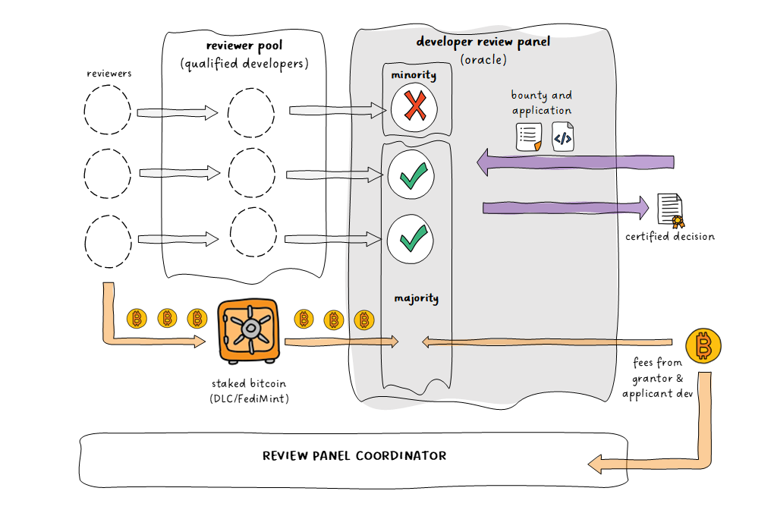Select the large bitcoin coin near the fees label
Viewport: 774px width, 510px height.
[703, 347]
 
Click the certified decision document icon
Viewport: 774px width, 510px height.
[669, 210]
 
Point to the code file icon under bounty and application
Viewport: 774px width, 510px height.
[563, 137]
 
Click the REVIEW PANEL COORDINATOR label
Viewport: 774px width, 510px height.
[354, 456]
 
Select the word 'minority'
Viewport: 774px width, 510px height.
[414, 74]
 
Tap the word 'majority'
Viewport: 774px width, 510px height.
[416, 298]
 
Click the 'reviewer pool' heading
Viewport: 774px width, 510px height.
[244, 46]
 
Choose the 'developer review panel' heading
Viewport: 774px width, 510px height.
[483, 42]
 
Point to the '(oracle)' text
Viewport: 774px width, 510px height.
[483, 59]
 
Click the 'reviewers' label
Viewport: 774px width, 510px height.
[109, 74]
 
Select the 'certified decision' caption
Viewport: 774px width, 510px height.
[670, 237]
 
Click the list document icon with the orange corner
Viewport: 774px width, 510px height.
[528, 137]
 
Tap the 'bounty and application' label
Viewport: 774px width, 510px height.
[542, 103]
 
